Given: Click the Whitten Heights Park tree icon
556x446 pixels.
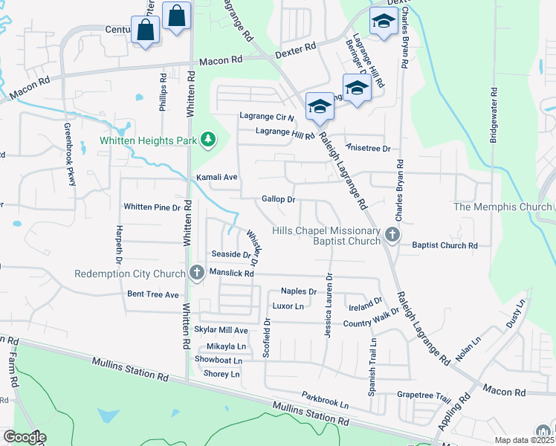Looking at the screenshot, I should pos(210,139).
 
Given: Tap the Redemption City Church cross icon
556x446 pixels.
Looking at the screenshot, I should pos(197,273).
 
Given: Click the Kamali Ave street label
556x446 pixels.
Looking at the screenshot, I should pos(216,178).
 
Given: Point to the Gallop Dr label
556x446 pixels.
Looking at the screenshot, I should pos(279,199).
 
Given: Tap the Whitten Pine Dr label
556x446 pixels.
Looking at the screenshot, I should pos(152,207).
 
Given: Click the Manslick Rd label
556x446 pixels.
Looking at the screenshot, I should pos(232,274).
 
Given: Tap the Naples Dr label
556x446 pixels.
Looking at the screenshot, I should pos(299,291).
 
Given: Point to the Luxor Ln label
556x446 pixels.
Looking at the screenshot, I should pos(288,306).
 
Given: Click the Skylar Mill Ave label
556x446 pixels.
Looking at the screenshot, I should pos(220,329).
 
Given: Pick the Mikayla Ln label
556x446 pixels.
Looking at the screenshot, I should pos(226,346).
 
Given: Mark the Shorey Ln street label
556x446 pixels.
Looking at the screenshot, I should pos(222,374).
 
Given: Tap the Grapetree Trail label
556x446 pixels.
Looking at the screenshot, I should pos(424,395).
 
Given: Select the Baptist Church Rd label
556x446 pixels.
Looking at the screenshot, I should pos(445,245).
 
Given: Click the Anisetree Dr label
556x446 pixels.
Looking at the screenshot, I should pos(368,148).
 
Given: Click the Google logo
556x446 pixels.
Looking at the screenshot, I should pos(25,437).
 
